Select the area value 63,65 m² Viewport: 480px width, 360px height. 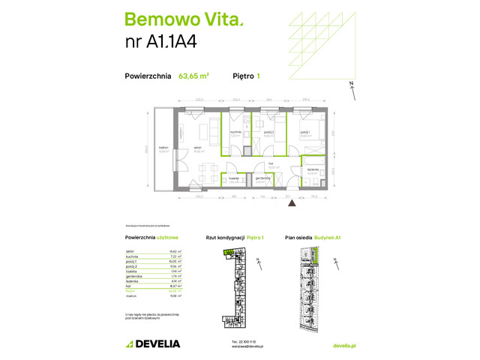[193, 75]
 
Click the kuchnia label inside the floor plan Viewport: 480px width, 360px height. [235, 132]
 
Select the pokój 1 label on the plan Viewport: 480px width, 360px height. [304, 132]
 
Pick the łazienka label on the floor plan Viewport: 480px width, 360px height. [312, 170]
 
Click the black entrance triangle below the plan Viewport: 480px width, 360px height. [292, 201]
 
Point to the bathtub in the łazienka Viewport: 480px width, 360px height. [311, 160]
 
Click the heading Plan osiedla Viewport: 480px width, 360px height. [299, 238]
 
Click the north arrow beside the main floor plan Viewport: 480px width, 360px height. [352, 91]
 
